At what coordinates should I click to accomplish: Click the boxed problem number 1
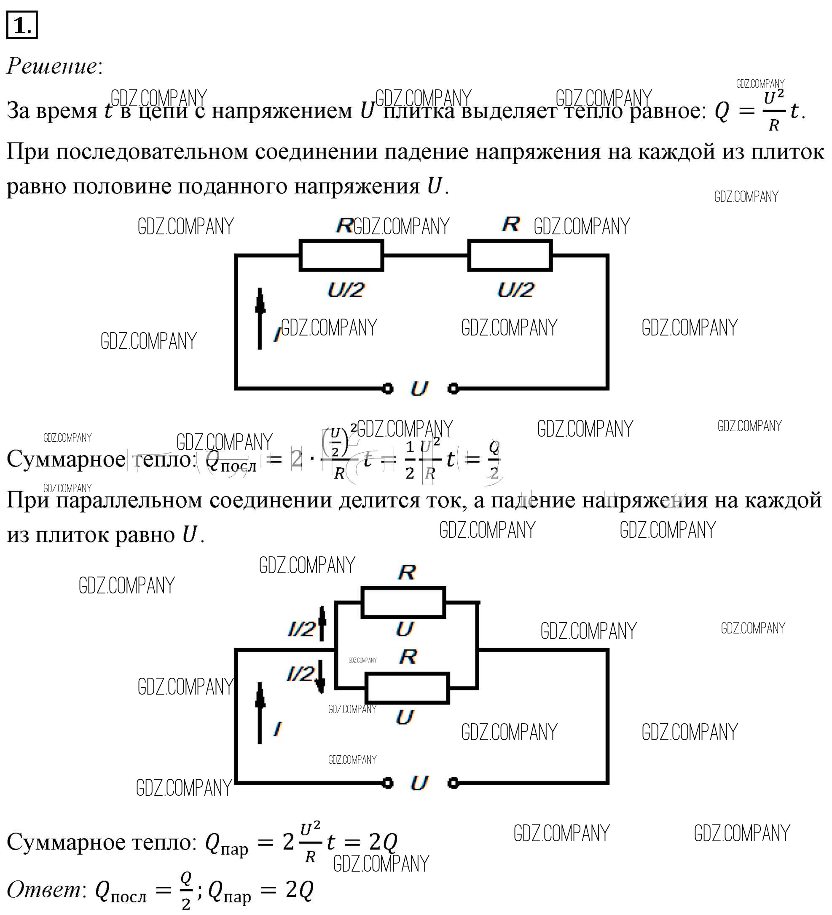click(21, 25)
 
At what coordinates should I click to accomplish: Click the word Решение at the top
click(52, 66)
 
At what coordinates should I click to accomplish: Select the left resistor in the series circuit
click(341, 255)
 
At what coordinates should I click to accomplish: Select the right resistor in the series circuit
click(510, 255)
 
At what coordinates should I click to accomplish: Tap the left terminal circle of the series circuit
click(387, 389)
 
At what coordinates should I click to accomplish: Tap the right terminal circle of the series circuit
click(453, 389)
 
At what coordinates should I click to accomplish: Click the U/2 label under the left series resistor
click(346, 290)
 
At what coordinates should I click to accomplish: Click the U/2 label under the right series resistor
click(515, 290)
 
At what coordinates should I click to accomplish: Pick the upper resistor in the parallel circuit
click(403, 603)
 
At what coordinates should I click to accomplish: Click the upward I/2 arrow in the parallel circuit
click(322, 623)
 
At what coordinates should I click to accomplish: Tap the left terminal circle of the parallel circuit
click(387, 783)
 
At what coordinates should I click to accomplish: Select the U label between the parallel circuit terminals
click(419, 783)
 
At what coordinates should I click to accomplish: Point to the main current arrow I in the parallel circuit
click(260, 713)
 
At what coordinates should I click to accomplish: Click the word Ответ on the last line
click(43, 889)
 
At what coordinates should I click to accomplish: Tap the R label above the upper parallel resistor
click(407, 572)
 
